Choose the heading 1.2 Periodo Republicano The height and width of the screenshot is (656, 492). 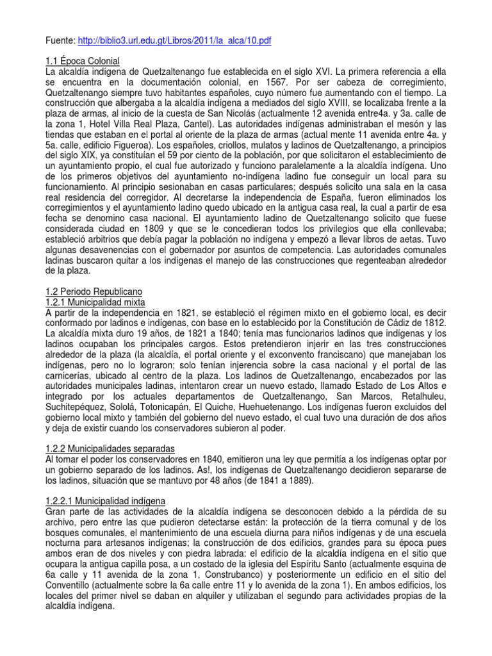[92, 291]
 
